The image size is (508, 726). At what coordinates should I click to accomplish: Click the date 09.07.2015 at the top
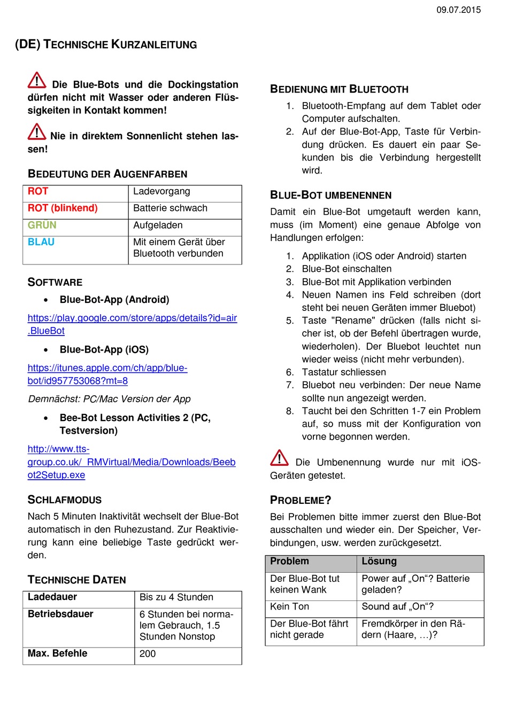click(458, 10)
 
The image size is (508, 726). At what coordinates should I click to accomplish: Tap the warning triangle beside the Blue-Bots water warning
click(37, 80)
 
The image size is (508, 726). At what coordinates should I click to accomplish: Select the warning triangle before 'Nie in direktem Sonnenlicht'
click(37, 131)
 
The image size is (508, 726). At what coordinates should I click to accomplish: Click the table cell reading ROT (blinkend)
click(63, 208)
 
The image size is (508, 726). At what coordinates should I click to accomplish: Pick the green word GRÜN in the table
click(42, 225)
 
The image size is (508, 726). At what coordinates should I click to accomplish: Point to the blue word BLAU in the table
click(41, 242)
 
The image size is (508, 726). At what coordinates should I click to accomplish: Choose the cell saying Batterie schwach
click(170, 208)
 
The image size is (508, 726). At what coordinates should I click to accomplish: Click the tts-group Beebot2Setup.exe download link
click(132, 462)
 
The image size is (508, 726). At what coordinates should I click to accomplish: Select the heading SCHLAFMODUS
click(65, 500)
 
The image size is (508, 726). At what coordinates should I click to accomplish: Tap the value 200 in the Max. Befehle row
click(148, 654)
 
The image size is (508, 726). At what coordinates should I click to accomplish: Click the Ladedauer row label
click(52, 597)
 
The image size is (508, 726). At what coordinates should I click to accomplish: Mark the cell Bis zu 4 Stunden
click(176, 597)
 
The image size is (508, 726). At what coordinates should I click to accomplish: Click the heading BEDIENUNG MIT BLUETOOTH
click(339, 89)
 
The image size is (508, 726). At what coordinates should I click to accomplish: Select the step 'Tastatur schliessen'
click(344, 372)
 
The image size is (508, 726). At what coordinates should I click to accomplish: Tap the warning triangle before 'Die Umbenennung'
click(279, 458)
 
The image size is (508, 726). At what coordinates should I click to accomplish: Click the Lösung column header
click(379, 561)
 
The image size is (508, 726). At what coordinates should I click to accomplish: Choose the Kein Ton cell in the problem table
click(290, 607)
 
